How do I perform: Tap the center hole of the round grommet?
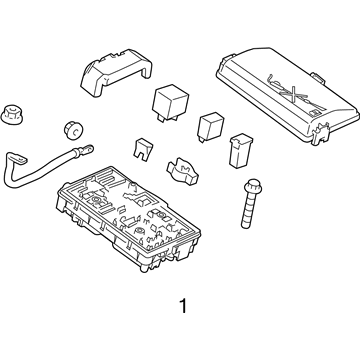pos(72,129)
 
